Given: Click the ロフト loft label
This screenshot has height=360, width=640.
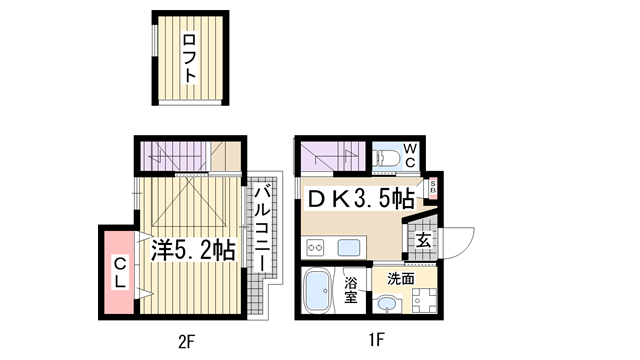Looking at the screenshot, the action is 189,58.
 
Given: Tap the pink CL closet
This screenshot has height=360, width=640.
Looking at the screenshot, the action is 119,272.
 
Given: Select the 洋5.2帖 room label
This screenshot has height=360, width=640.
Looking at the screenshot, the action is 193,250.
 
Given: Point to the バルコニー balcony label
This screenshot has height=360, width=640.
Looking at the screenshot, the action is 262,228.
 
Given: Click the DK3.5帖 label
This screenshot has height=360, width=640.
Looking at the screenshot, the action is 361,199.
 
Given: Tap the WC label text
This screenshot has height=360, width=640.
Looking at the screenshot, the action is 410,155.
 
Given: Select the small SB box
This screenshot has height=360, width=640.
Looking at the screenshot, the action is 433,189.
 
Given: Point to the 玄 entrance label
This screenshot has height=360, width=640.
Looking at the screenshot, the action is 423,241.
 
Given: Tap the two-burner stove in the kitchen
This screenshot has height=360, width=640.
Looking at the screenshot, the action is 315,247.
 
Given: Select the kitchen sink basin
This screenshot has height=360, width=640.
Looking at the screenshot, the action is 349,247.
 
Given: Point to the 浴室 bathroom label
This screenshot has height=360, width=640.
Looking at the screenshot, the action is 350,289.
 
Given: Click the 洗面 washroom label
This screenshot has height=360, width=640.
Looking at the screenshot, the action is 401,279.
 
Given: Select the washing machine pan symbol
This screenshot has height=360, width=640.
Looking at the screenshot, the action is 424,301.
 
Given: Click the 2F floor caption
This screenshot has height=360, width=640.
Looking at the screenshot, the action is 187,341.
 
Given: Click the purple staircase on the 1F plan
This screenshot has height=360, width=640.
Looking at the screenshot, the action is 333,156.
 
